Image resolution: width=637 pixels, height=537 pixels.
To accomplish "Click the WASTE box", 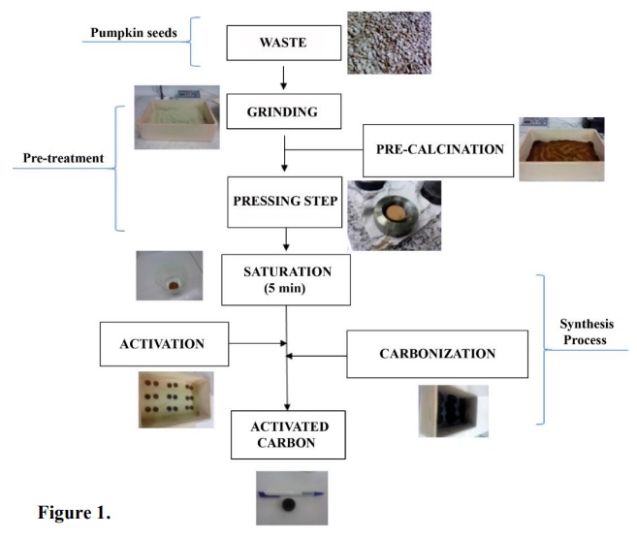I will pos(283,44).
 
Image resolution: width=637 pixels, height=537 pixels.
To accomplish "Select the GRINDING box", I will pos(285,111).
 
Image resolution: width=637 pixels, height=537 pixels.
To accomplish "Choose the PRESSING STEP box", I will pos(285,202).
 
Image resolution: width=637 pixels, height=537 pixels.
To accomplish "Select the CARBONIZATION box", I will pos(438,354).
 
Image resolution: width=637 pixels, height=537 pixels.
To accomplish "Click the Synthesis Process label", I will pos(584,332).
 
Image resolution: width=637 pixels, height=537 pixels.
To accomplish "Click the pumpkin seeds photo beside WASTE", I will pos(389,43).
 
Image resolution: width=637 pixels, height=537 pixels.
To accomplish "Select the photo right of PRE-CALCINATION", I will pos(561,149).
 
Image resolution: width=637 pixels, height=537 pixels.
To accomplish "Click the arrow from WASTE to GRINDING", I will pos(283,77).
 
